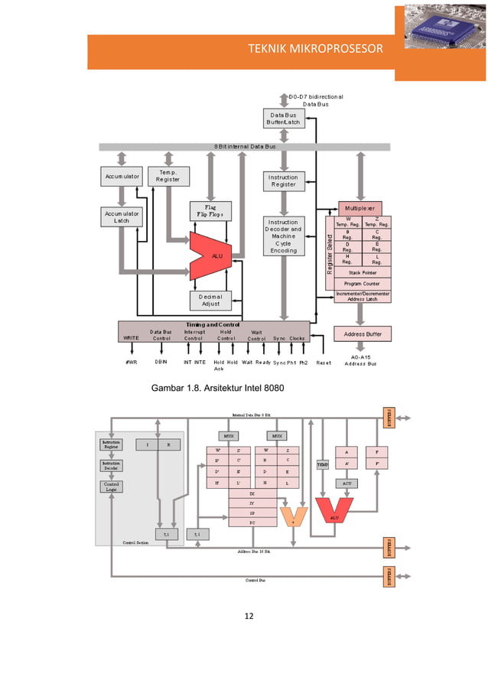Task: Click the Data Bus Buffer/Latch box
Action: (284, 119)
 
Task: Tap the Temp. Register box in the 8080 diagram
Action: (168, 177)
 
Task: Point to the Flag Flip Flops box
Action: (210, 211)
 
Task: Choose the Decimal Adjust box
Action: (210, 300)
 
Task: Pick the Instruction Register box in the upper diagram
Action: (284, 181)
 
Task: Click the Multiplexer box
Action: (359, 208)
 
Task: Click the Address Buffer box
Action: (363, 334)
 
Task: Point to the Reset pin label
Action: (324, 362)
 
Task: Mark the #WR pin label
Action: (131, 362)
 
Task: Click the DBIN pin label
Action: (161, 362)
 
